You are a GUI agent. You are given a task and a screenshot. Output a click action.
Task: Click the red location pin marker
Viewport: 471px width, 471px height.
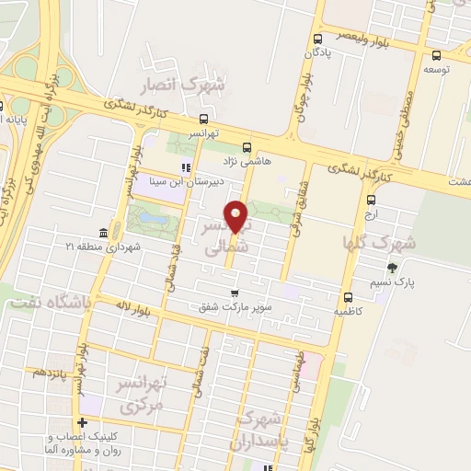point(239,217)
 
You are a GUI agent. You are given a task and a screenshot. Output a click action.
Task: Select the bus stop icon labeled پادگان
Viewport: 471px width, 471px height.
point(317,40)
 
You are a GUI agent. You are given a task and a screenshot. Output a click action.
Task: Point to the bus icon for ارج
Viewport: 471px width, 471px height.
point(371,200)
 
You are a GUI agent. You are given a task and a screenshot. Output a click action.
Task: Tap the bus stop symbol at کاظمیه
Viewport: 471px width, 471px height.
point(348,297)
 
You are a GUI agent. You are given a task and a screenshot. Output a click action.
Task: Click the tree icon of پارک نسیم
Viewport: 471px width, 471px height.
point(394,269)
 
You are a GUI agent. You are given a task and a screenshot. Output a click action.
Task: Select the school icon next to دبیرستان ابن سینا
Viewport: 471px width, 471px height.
point(186,168)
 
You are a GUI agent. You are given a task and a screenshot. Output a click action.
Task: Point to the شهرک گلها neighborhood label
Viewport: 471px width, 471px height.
point(378,242)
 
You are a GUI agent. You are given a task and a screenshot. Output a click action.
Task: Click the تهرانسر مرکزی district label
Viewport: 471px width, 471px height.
point(144,393)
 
